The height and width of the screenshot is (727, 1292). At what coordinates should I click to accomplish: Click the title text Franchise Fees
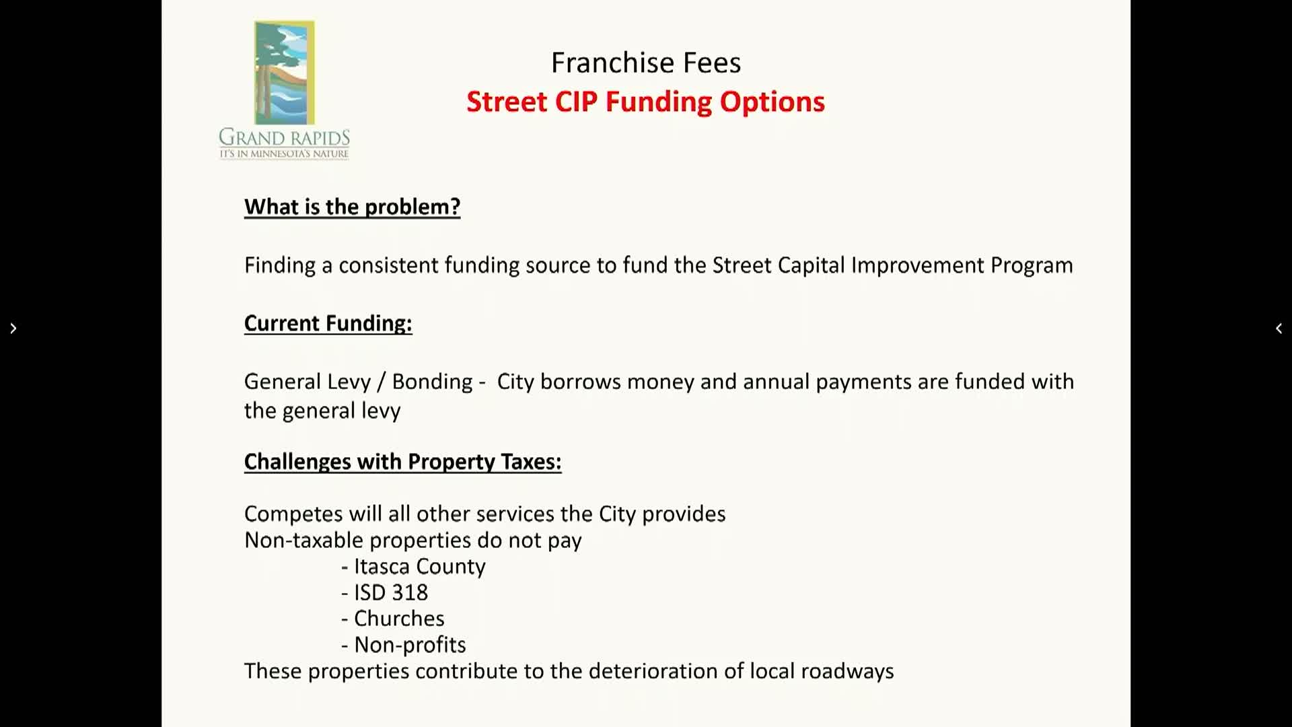coord(646,63)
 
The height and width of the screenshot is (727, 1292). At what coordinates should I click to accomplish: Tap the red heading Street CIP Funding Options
coord(645,102)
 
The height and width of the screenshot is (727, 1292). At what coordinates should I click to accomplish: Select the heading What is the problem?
coord(352,207)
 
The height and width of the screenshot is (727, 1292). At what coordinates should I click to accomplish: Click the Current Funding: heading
coord(328,324)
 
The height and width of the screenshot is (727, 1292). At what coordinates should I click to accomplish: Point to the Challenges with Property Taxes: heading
coord(402,462)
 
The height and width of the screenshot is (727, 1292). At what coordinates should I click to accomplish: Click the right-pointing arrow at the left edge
coord(13,328)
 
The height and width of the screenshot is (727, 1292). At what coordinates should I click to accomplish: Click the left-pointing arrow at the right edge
coord(1279,328)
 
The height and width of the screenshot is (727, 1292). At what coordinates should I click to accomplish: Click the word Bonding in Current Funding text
coord(433,382)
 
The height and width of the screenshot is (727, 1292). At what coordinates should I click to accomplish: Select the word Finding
coord(280,266)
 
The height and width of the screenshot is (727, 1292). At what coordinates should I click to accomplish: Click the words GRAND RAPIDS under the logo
coord(284,137)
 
